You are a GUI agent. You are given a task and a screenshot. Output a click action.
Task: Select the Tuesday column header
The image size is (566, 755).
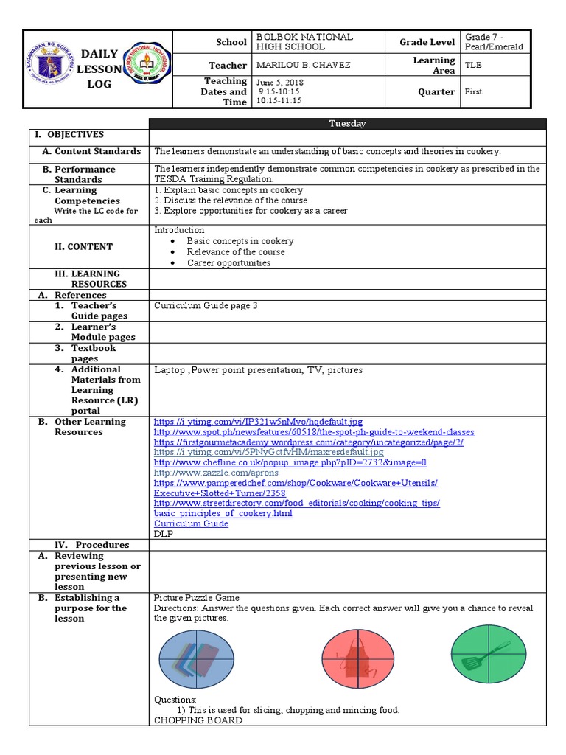(348, 124)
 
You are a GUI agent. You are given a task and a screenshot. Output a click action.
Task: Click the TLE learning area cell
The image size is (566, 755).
(472, 65)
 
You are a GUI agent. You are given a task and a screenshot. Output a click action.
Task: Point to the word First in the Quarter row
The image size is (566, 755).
(473, 91)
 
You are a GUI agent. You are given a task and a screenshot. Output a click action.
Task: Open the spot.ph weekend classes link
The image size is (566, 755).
(314, 432)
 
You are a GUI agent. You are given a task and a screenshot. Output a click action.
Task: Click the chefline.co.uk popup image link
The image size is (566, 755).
(290, 462)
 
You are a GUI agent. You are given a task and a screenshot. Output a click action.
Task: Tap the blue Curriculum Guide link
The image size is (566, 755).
(191, 523)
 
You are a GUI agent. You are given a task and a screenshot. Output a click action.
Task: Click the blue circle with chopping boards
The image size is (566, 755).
(196, 658)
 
